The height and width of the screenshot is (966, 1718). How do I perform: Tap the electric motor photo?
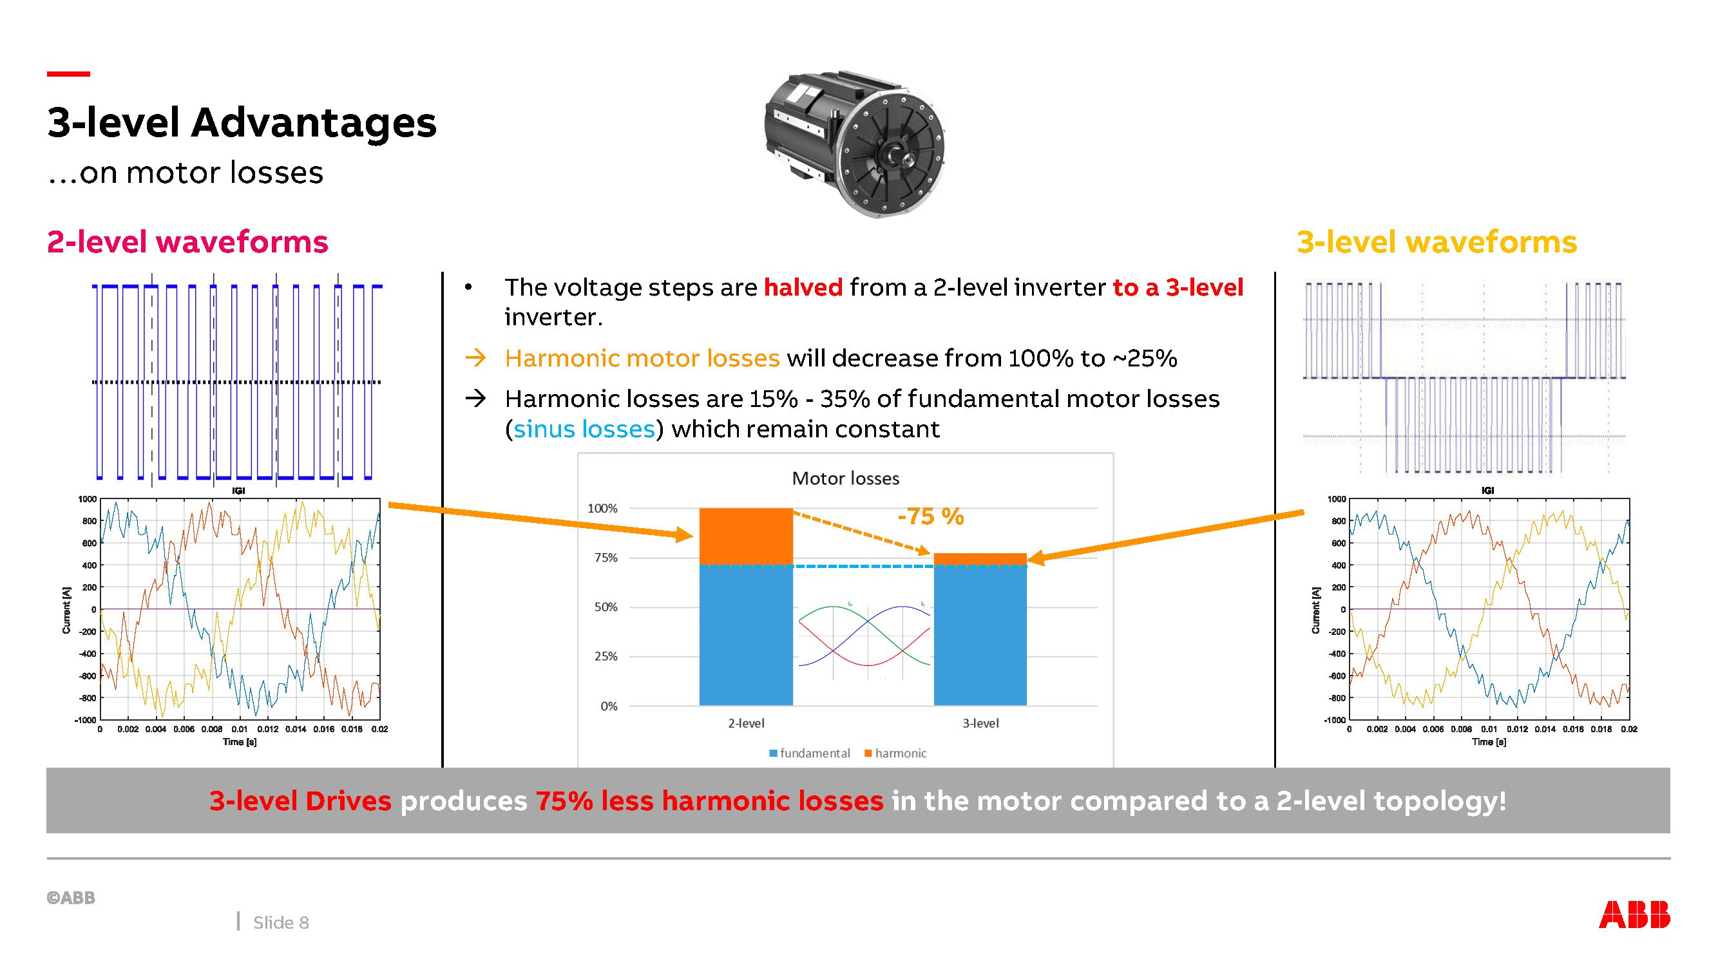click(x=855, y=143)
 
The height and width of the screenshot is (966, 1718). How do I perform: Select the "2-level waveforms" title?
click(x=187, y=241)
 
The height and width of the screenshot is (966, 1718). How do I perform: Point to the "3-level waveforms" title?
click(x=1436, y=241)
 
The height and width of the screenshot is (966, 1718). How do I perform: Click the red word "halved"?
click(x=803, y=287)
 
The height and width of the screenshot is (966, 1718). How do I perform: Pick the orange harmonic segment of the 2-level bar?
click(x=745, y=536)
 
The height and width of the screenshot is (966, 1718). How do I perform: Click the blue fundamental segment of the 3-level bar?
click(x=980, y=636)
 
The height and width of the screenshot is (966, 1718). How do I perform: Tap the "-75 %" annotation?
click(x=930, y=516)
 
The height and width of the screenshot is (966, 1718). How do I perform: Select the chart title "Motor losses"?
click(x=845, y=478)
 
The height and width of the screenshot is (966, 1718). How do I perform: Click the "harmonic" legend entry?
click(x=895, y=753)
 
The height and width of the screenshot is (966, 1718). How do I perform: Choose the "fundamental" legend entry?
click(x=810, y=753)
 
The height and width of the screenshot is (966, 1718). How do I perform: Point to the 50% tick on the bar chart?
click(x=606, y=607)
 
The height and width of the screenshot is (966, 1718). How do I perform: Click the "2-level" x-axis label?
click(x=745, y=723)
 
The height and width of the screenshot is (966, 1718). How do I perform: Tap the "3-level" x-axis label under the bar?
click(x=980, y=723)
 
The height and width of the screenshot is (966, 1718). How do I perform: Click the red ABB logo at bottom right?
click(x=1635, y=914)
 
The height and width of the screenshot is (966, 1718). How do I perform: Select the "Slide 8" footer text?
click(x=281, y=923)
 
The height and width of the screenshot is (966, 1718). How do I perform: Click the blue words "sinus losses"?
click(x=584, y=429)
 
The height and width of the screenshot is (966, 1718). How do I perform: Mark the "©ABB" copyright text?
click(x=71, y=898)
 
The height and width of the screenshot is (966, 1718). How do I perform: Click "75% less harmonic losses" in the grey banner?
click(x=710, y=800)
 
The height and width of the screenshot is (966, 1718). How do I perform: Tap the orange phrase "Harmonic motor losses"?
click(x=642, y=358)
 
